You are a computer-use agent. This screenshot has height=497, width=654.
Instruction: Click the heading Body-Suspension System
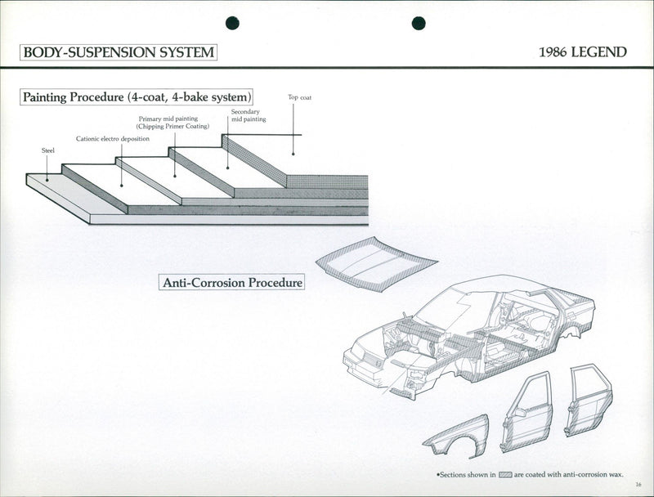click(119, 52)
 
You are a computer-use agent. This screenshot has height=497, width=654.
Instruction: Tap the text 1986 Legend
click(583, 52)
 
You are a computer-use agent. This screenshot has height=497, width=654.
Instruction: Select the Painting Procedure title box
click(137, 97)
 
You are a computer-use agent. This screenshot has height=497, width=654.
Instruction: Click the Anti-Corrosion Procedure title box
click(232, 283)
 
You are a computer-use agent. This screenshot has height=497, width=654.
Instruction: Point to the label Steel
click(47, 150)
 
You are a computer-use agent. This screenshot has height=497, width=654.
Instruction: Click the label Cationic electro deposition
click(113, 139)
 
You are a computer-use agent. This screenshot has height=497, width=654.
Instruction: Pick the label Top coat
click(299, 97)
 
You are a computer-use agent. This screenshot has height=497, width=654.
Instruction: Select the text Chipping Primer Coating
click(172, 127)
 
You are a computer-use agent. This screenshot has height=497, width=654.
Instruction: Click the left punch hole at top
click(232, 23)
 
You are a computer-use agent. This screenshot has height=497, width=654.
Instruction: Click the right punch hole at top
click(419, 23)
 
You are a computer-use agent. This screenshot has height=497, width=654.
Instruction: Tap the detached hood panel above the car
click(376, 262)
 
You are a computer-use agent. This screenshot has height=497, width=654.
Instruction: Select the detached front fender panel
click(457, 438)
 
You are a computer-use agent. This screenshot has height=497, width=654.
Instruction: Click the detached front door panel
click(526, 413)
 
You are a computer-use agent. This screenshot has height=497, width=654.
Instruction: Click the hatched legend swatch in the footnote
click(505, 474)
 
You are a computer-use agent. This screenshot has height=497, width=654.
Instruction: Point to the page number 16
click(638, 486)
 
